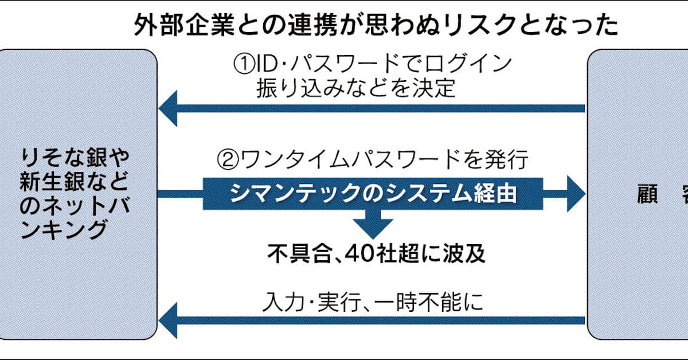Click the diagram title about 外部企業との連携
(x=376, y=25)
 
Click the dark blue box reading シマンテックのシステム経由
(x=373, y=193)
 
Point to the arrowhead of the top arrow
(x=169, y=108)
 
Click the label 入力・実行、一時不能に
(x=373, y=302)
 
